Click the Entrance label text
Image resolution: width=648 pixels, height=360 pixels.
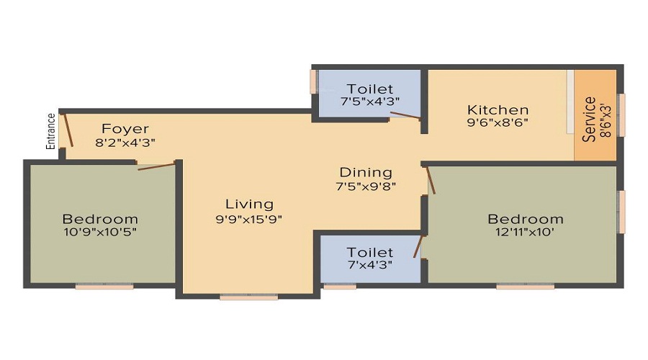pyautogui.click(x=51, y=131)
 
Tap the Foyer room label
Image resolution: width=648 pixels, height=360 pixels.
pyautogui.click(x=125, y=130)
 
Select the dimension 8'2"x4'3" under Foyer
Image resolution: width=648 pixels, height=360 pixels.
pyautogui.click(x=125, y=143)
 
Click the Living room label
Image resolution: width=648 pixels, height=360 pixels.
pyautogui.click(x=249, y=204)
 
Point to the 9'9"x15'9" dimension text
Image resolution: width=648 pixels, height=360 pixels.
pyautogui.click(x=249, y=219)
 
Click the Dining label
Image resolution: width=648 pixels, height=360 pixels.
pyautogui.click(x=366, y=173)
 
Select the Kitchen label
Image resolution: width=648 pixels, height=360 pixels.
pyautogui.click(x=498, y=110)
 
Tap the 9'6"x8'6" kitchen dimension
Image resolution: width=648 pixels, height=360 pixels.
pyautogui.click(x=498, y=123)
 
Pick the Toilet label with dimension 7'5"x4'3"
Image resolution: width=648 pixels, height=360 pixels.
pyautogui.click(x=370, y=89)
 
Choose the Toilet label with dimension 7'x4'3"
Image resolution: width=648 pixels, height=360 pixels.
pyautogui.click(x=370, y=253)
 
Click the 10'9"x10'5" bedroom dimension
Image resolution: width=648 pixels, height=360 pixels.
pyautogui.click(x=100, y=232)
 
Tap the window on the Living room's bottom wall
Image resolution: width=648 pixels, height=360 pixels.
pyautogui.click(x=248, y=296)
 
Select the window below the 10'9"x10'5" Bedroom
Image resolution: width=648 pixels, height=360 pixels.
pyautogui.click(x=104, y=287)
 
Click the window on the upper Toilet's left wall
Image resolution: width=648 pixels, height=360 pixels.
pyautogui.click(x=313, y=81)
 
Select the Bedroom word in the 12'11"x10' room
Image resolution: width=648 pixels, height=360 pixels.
pyautogui.click(x=526, y=219)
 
